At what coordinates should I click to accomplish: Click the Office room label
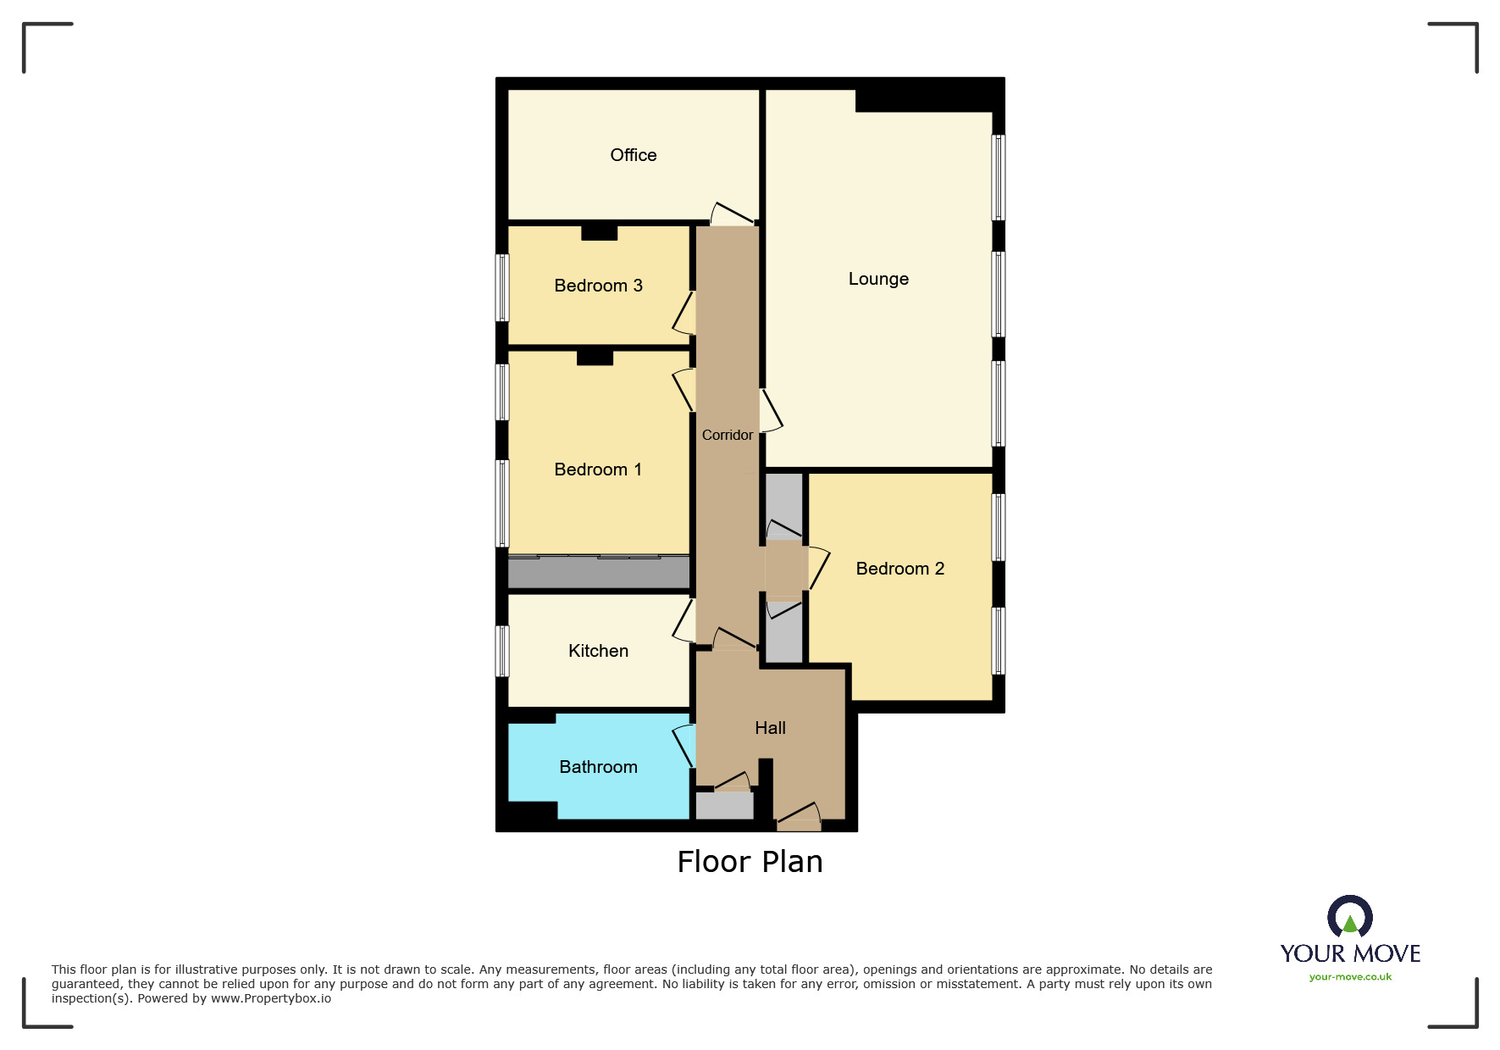point(633,155)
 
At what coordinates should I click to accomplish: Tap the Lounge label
point(878,279)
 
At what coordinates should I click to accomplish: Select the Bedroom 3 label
point(598,286)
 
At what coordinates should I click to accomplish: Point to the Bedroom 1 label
point(597,469)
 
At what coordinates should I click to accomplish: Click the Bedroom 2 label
point(899,569)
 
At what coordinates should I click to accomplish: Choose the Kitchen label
point(598,651)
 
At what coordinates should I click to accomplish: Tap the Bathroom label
point(598,767)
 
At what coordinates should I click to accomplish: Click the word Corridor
point(727,435)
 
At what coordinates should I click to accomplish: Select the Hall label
point(770,728)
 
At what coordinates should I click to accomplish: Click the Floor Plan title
point(750,862)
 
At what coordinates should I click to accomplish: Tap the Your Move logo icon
point(1349,917)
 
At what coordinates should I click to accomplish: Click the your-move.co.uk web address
point(1350,977)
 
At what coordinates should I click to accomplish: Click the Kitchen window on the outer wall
point(502,651)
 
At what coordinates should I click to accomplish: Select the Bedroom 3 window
point(502,287)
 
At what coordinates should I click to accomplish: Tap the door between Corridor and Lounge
point(770,411)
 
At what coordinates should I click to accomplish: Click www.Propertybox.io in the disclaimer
point(270,998)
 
